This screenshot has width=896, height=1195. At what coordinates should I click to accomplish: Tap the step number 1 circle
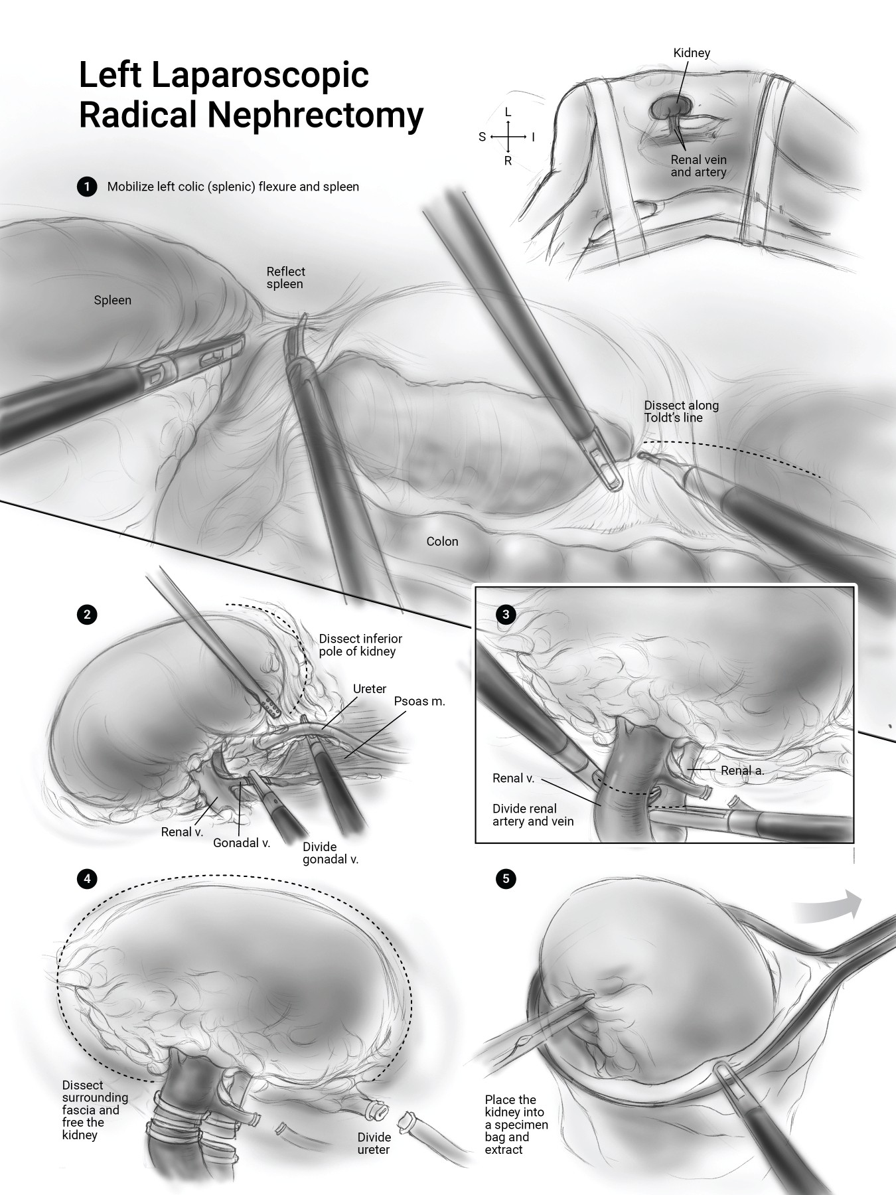[86, 187]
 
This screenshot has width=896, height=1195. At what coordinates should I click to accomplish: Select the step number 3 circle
[506, 614]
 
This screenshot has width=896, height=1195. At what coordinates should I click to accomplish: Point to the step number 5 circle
[506, 879]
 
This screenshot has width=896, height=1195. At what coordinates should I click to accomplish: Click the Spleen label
[113, 300]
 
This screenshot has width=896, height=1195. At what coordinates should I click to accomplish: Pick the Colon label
[442, 541]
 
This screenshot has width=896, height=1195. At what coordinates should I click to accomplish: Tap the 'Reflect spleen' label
[285, 278]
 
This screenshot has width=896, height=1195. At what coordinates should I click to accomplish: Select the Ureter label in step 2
[370, 688]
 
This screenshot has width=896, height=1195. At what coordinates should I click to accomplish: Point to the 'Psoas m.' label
[419, 701]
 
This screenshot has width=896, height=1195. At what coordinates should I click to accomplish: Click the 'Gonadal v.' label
[242, 843]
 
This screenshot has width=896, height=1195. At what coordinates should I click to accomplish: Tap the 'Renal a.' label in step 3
[743, 771]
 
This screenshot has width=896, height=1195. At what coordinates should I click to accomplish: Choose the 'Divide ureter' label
[374, 1143]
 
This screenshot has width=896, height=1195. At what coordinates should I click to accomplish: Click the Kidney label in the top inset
[692, 52]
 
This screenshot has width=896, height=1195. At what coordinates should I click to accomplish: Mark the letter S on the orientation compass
[483, 137]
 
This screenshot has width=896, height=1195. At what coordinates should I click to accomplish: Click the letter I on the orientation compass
[533, 137]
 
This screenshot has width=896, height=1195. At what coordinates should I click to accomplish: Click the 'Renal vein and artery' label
[698, 166]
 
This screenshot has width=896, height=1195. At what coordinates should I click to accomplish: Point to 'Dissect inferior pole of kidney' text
[360, 645]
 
